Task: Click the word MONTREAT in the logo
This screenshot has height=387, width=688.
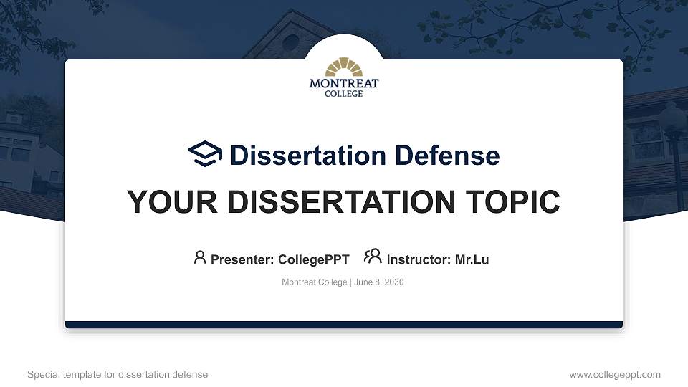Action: pos(344,84)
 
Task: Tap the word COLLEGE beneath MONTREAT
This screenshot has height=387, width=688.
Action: pos(344,94)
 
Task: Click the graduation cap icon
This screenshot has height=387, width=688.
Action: pos(206,154)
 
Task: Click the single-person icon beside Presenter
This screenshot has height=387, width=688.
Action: pos(200,257)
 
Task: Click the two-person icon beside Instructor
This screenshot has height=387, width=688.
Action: pos(372,257)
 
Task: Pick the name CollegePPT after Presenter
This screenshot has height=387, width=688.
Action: pos(313,259)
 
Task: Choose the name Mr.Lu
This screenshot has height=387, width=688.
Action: pos(472,259)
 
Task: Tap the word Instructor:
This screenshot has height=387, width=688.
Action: pos(419,259)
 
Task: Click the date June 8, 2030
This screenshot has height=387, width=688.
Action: pos(379,282)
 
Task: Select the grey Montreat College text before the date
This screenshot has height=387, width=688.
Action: pos(314,282)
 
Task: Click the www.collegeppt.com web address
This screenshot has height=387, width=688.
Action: pos(615,374)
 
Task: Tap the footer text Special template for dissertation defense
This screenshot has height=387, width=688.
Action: pos(118,374)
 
